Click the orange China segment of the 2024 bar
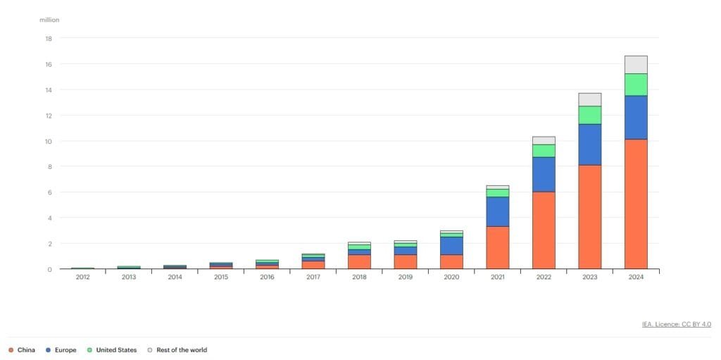636,204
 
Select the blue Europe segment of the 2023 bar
589,144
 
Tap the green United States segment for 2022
544,151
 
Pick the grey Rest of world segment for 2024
636,65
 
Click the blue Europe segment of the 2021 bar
498,211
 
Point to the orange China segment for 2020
451,261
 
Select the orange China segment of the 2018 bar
359,261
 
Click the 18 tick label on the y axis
49,39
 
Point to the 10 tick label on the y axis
49,141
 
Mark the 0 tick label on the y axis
50,269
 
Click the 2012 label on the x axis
82,278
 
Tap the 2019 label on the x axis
405,278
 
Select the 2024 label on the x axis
636,278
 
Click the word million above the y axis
49,20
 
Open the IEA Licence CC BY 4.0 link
676,324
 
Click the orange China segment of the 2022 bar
544,230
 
